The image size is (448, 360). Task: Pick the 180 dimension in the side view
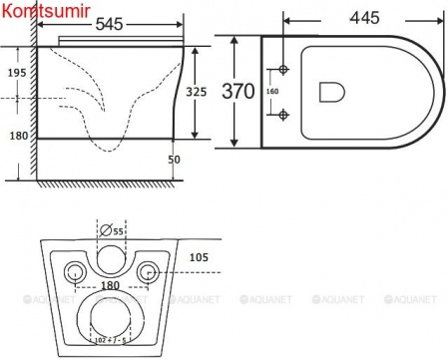click(x=16, y=136)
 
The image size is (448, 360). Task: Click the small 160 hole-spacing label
click(x=271, y=92)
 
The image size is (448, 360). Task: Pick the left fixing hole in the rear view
click(x=72, y=272)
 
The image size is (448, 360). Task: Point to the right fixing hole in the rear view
click(x=147, y=272)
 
